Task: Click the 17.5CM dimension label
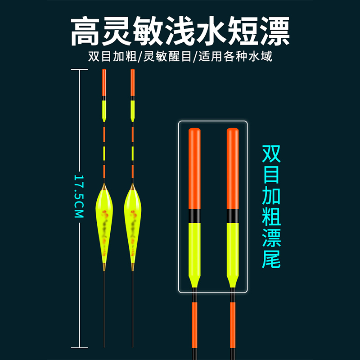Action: click(x=79, y=196)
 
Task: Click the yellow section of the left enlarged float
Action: click(x=194, y=250)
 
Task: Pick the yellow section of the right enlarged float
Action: click(x=233, y=250)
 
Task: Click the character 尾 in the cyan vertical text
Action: click(x=271, y=260)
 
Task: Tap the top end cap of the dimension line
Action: click(x=80, y=70)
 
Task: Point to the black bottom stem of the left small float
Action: click(x=104, y=310)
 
